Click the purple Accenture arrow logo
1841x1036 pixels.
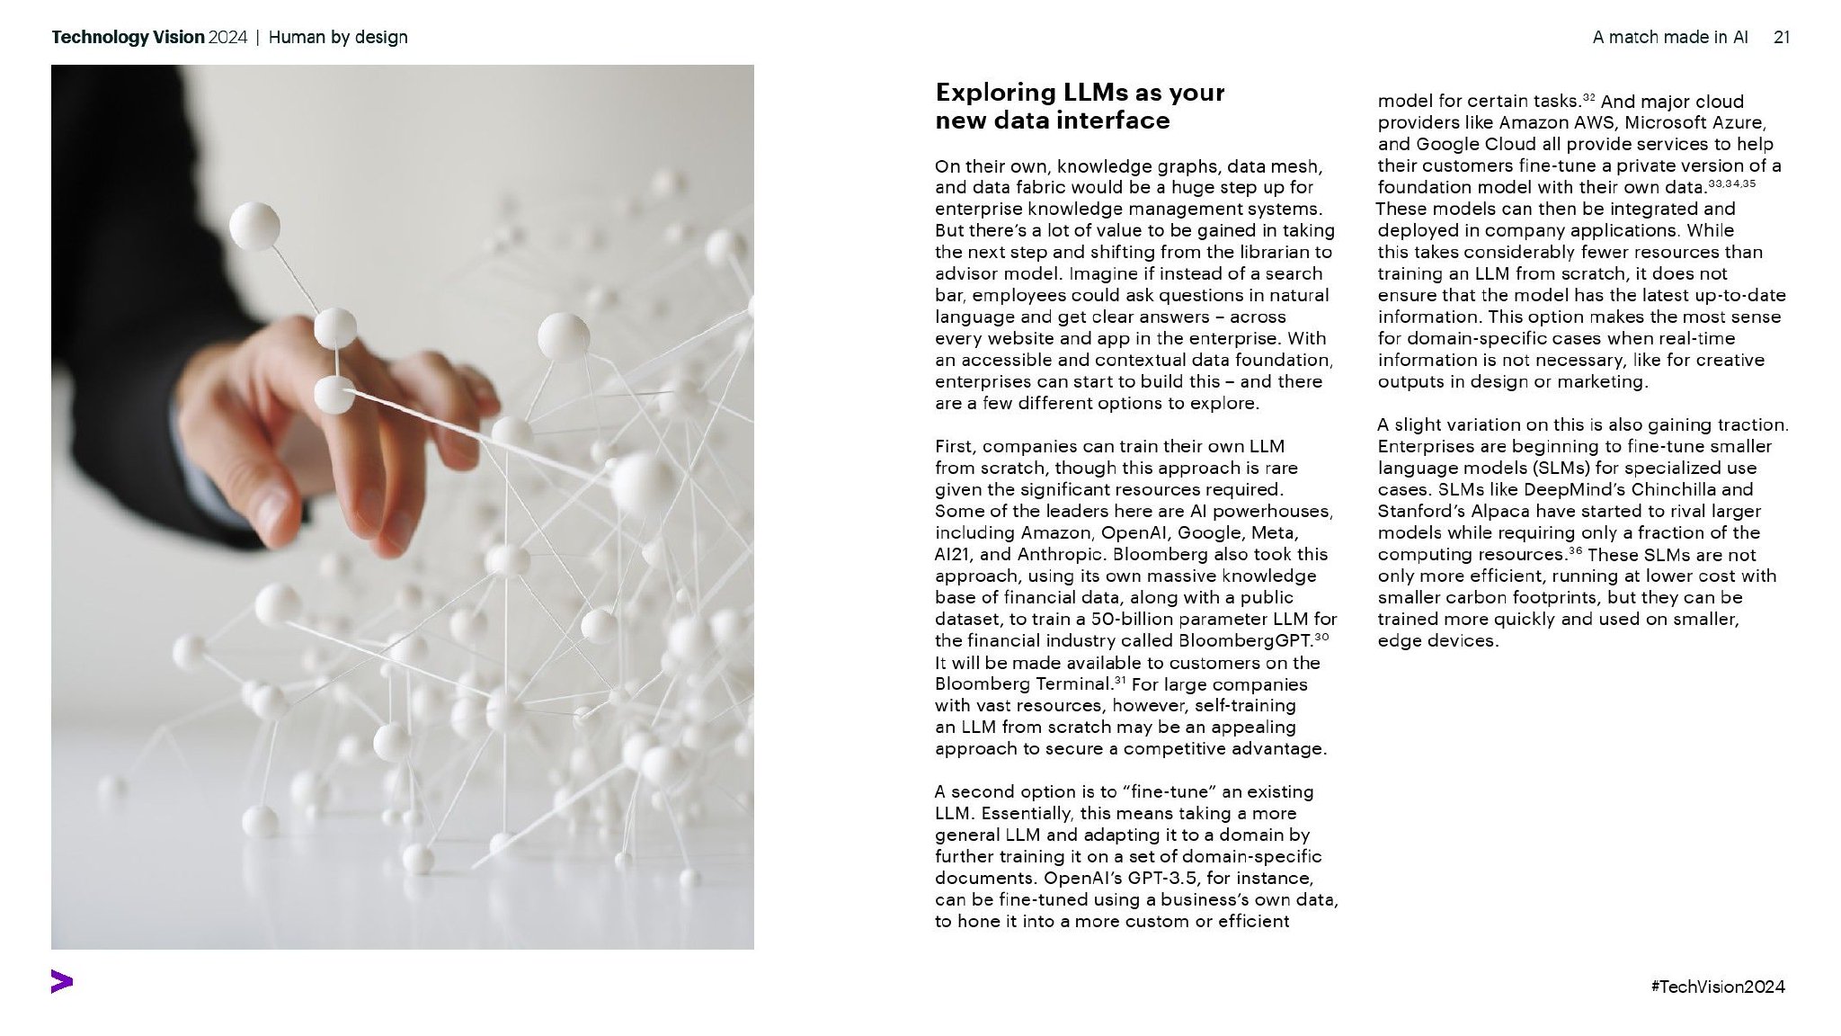point(62,982)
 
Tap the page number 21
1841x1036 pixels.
point(1782,37)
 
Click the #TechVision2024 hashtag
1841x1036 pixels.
point(1718,987)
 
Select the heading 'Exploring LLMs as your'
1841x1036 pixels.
point(1080,93)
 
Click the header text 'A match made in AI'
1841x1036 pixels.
point(1670,37)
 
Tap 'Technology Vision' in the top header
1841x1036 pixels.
point(128,37)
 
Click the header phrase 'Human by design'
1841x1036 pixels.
point(338,37)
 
